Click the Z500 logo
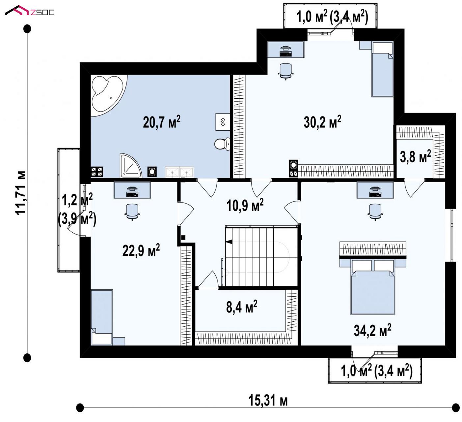[x=30, y=11]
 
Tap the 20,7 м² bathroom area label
[x=161, y=122]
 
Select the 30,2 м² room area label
[x=322, y=122]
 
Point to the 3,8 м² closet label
[x=415, y=156]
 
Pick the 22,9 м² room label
[x=141, y=250]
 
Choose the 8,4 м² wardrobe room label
[x=242, y=307]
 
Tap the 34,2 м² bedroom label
[x=372, y=330]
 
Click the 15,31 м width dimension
[x=268, y=401]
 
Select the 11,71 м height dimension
[x=20, y=193]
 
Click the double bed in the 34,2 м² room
[x=373, y=287]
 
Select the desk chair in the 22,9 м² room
[x=132, y=212]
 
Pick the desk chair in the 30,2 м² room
[x=285, y=71]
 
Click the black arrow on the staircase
[x=229, y=242]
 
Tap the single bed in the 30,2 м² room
[x=383, y=69]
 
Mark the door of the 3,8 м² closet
[x=415, y=188]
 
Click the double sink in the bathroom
[x=179, y=172]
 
